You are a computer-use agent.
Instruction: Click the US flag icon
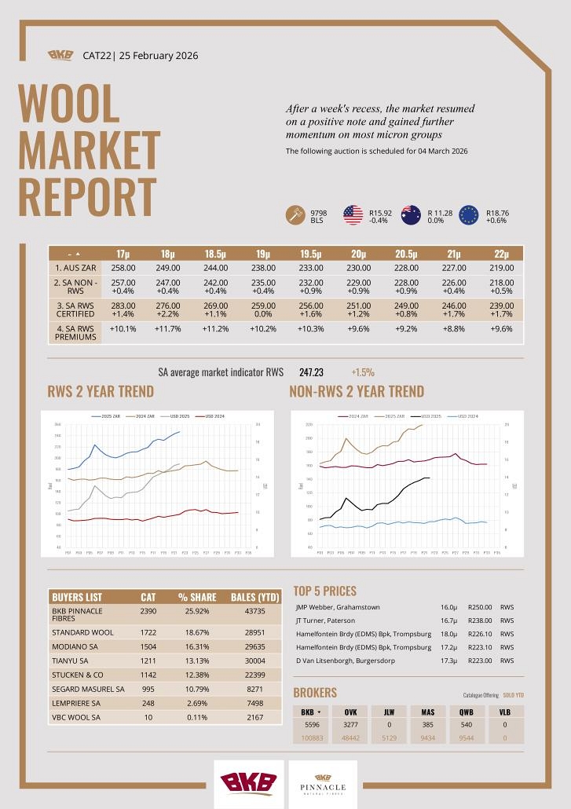pos(353,214)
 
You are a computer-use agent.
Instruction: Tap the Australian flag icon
pos(411,214)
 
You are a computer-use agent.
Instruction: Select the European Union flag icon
pos(469,214)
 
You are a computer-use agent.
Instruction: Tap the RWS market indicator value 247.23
pos(311,372)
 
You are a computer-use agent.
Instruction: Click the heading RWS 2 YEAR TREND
pos(101,391)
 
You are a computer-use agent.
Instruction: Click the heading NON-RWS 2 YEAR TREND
pos(357,391)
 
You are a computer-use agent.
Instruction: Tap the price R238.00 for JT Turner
pos(479,620)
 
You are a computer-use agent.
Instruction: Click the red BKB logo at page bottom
pos(248,783)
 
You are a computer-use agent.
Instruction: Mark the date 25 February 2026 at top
pos(159,56)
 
